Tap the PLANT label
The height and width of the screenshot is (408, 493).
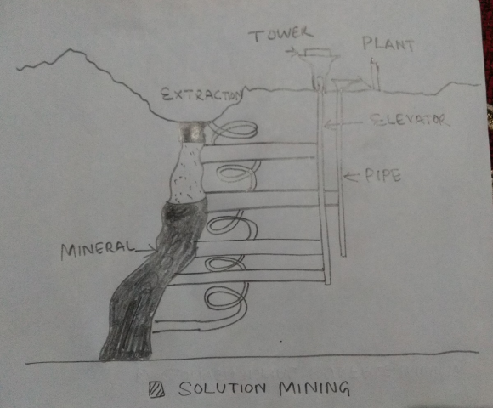click(x=388, y=44)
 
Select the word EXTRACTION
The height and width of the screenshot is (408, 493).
click(x=202, y=94)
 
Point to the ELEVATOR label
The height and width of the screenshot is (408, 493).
click(x=408, y=120)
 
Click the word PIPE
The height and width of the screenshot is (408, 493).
click(x=383, y=176)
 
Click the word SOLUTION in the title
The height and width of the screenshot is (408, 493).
click(x=223, y=388)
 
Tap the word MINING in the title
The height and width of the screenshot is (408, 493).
click(x=314, y=388)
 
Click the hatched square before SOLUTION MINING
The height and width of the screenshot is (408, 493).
click(x=156, y=389)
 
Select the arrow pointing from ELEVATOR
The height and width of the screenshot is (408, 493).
click(x=343, y=124)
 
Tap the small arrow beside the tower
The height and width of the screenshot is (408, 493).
click(x=292, y=52)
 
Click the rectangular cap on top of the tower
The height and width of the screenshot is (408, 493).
click(x=318, y=52)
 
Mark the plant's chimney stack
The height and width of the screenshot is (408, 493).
click(x=375, y=74)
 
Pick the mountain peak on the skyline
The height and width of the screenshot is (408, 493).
click(x=71, y=49)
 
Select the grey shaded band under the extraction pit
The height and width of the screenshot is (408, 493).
click(x=193, y=132)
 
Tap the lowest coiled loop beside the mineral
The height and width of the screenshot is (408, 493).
click(x=224, y=298)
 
